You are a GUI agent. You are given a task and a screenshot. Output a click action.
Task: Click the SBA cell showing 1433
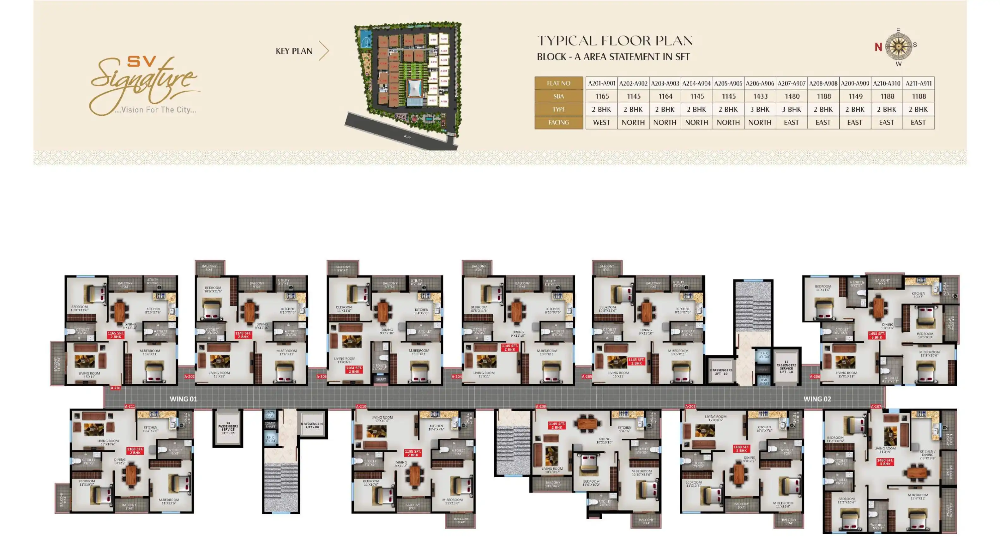(x=760, y=96)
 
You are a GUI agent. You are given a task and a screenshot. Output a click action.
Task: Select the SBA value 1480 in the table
(x=792, y=96)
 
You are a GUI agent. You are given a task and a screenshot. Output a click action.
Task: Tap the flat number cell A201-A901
(x=601, y=83)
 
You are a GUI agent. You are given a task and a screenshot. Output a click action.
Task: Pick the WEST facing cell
(x=601, y=123)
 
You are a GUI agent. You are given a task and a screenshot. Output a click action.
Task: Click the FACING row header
(x=559, y=123)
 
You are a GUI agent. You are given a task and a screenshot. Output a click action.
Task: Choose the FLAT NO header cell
(x=559, y=83)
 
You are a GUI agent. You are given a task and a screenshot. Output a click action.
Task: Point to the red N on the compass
(x=878, y=47)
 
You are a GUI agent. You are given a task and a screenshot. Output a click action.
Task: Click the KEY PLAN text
(x=294, y=51)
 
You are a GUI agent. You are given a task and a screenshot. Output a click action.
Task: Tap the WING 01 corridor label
(x=183, y=399)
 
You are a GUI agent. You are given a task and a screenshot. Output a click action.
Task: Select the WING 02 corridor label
(x=817, y=399)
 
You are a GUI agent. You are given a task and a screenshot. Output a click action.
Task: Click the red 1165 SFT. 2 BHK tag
(x=116, y=335)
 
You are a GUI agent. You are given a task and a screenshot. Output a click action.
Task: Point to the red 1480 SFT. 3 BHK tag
(x=885, y=462)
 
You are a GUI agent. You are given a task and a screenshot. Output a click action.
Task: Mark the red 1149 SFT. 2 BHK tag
(x=556, y=425)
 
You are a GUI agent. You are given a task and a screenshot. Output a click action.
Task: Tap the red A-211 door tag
(x=130, y=407)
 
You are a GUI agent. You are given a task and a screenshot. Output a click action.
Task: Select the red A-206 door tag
(x=815, y=377)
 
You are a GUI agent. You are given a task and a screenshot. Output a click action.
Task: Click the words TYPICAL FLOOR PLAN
(x=615, y=41)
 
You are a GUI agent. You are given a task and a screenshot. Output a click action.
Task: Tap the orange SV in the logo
(x=142, y=61)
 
